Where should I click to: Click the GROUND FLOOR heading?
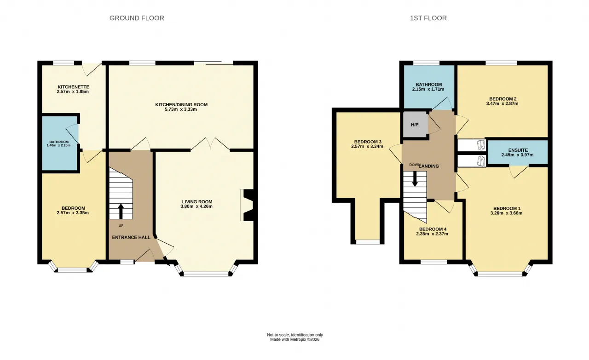pos(137,18)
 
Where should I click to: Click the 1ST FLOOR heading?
pos(428,18)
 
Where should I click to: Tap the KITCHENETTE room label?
pos(73,87)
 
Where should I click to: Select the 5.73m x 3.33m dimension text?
pos(181,109)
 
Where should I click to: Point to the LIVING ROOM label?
pos(197,202)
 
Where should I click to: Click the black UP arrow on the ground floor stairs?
pos(121,211)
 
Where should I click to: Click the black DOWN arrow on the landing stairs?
pos(415,179)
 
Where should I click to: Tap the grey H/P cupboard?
pos(415,125)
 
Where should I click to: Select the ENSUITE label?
pos(518,150)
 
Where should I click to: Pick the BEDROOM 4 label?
pos(433,229)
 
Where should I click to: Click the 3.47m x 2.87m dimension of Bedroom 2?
pos(502,103)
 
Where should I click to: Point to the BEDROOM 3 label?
pos(368,142)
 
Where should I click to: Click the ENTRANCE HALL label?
pos(131,238)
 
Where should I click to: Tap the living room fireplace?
pos(247,205)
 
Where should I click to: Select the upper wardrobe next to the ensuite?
pos(472,145)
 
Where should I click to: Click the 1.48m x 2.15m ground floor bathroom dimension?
pos(58,145)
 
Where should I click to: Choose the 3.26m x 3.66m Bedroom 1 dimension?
pos(507,213)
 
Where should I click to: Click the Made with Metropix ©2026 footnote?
pos(295,339)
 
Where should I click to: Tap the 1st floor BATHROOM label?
pos(428,85)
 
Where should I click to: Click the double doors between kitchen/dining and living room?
pos(210,144)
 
